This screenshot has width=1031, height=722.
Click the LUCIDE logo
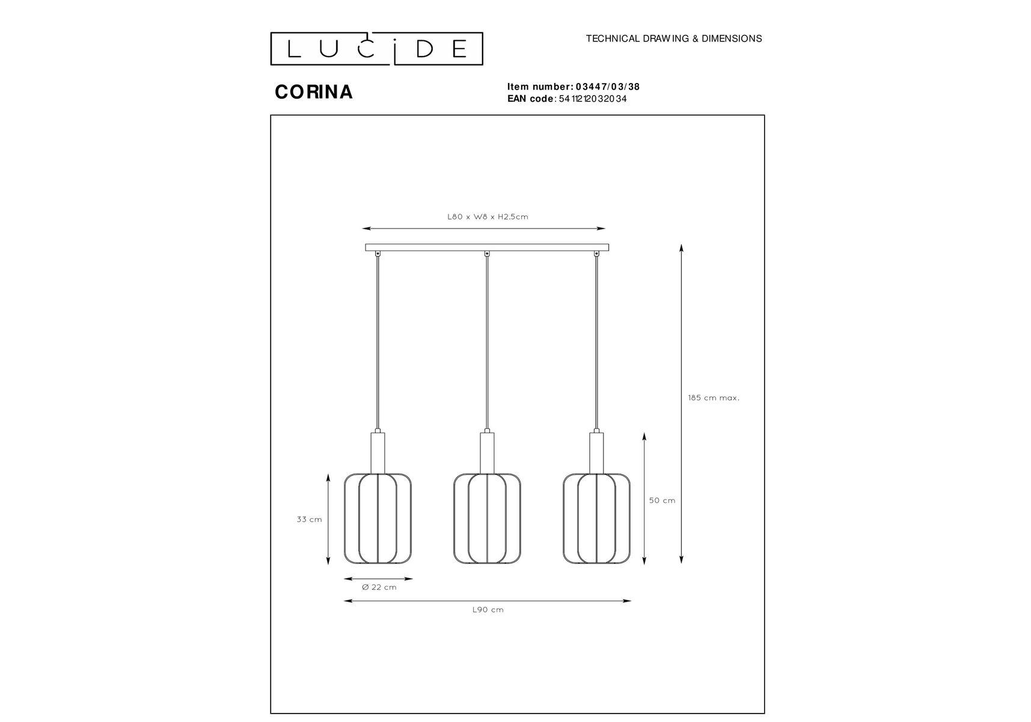pyautogui.click(x=376, y=49)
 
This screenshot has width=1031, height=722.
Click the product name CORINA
pyautogui.click(x=314, y=92)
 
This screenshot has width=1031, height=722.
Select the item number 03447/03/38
pyautogui.click(x=608, y=87)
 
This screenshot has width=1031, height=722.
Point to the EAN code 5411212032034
pyautogui.click(x=593, y=99)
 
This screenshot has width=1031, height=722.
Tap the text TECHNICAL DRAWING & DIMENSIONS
pyautogui.click(x=674, y=39)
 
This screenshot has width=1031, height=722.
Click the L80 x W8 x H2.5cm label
pyautogui.click(x=488, y=217)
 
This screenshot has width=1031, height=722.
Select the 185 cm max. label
pyautogui.click(x=714, y=398)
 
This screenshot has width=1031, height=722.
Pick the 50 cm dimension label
pyautogui.click(x=662, y=501)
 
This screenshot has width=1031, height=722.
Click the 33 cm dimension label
pyautogui.click(x=309, y=519)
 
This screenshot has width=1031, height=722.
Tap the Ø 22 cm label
pyautogui.click(x=379, y=587)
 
